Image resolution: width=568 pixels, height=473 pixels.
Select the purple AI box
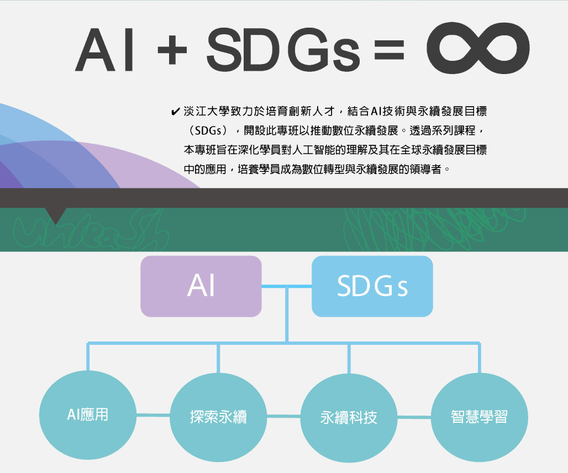201,286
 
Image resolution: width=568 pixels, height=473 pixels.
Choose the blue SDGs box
372,286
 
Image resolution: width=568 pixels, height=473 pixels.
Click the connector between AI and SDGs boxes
286,287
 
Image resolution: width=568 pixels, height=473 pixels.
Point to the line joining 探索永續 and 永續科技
283,416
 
